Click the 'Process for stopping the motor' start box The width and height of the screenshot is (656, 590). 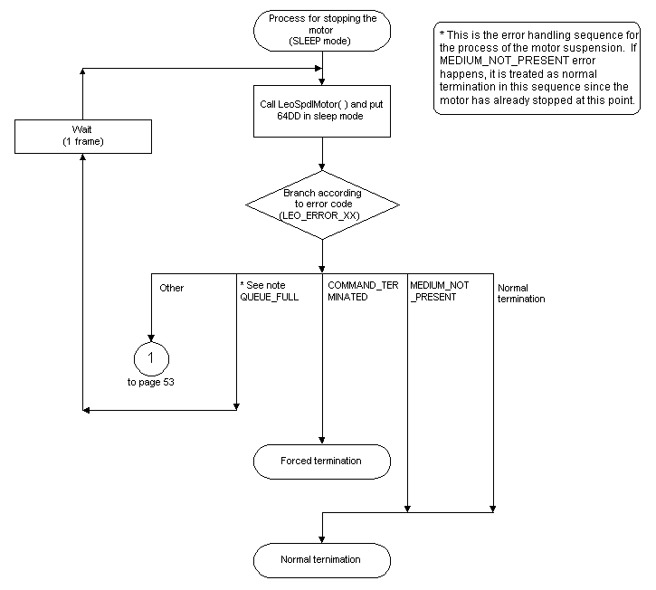[x=322, y=30]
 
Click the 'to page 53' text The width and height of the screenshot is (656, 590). [x=150, y=383]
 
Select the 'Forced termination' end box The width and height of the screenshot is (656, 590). [x=322, y=461]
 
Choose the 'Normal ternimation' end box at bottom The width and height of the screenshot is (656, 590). [x=322, y=559]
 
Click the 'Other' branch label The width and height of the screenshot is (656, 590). [x=171, y=288]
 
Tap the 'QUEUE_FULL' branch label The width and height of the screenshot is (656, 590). [x=263, y=297]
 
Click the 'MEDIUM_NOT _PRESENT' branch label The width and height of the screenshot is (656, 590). [x=439, y=291]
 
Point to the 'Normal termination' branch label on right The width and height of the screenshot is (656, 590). [x=521, y=293]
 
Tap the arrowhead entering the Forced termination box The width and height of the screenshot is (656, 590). [x=322, y=441]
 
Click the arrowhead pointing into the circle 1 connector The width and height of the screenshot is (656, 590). [x=150, y=338]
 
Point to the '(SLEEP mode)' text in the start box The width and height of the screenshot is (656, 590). [x=322, y=41]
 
